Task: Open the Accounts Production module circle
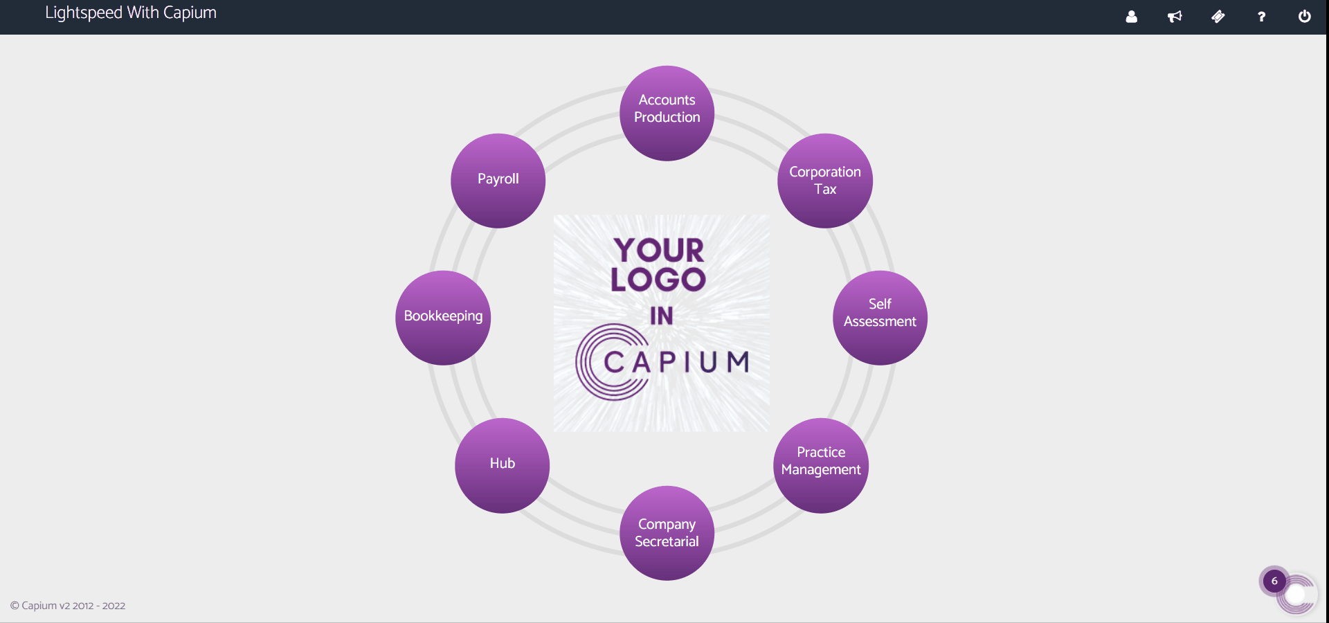[x=667, y=113]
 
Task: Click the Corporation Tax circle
[x=824, y=181]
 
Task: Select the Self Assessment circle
[x=880, y=318]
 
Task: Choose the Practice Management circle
[x=820, y=465]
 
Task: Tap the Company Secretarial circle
[x=667, y=533]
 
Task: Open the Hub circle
[x=502, y=465]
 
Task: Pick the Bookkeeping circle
[x=443, y=318]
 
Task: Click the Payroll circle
[x=498, y=181]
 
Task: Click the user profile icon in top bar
[x=1131, y=17]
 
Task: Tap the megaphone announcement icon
[x=1175, y=17]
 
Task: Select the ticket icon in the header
[x=1218, y=17]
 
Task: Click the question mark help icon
[x=1261, y=17]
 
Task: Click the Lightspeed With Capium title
[x=131, y=13]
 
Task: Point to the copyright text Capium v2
[x=68, y=606]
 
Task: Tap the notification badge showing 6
[x=1274, y=581]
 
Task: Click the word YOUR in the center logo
[x=659, y=250]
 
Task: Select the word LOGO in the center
[x=658, y=280]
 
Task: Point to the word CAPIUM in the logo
[x=676, y=361]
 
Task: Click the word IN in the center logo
[x=661, y=316]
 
